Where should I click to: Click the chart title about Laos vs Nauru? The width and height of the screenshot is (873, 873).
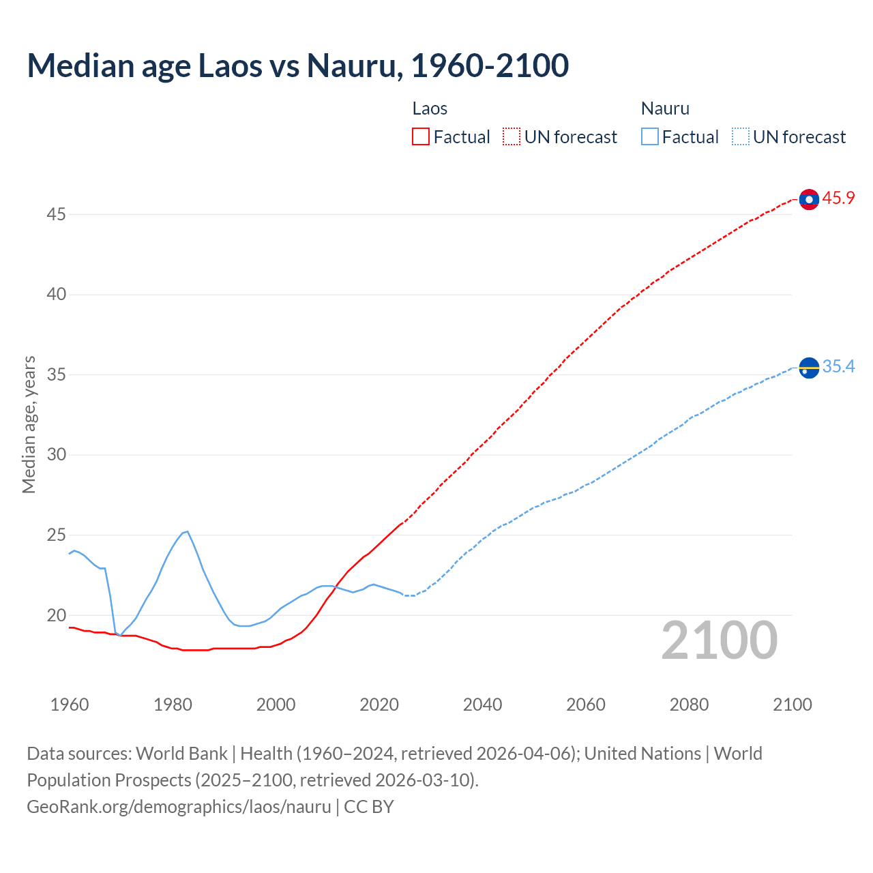pyautogui.click(x=297, y=65)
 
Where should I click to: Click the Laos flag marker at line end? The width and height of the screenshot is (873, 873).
pyautogui.click(x=809, y=199)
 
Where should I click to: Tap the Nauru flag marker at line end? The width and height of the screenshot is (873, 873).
pyautogui.click(x=809, y=368)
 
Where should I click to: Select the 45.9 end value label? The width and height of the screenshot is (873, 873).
pyautogui.click(x=838, y=198)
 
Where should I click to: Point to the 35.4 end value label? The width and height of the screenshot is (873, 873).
pyautogui.click(x=838, y=367)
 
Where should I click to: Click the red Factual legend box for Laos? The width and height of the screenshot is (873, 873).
pyautogui.click(x=421, y=137)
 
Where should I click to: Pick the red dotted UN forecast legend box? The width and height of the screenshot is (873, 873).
pyautogui.click(x=512, y=137)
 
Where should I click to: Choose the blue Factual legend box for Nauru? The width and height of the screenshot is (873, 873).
pyautogui.click(x=649, y=137)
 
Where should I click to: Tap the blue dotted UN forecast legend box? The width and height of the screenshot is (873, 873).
pyautogui.click(x=740, y=137)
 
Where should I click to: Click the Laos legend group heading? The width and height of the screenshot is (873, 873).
pyautogui.click(x=430, y=108)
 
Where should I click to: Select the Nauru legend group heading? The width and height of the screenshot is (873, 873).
pyautogui.click(x=665, y=108)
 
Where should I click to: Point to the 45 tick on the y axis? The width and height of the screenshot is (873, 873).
pyautogui.click(x=56, y=215)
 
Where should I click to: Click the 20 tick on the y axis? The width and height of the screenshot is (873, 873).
pyautogui.click(x=56, y=615)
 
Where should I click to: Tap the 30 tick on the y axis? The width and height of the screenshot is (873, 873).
pyautogui.click(x=56, y=455)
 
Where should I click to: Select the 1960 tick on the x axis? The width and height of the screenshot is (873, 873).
pyautogui.click(x=70, y=705)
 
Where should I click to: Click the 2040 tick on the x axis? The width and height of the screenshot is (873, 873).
pyautogui.click(x=482, y=705)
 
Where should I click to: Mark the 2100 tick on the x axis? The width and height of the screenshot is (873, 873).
pyautogui.click(x=792, y=705)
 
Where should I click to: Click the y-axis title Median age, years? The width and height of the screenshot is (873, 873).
pyautogui.click(x=29, y=424)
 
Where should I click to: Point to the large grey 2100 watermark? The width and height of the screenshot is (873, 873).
pyautogui.click(x=719, y=640)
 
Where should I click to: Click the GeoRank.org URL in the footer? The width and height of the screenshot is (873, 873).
pyautogui.click(x=179, y=807)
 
